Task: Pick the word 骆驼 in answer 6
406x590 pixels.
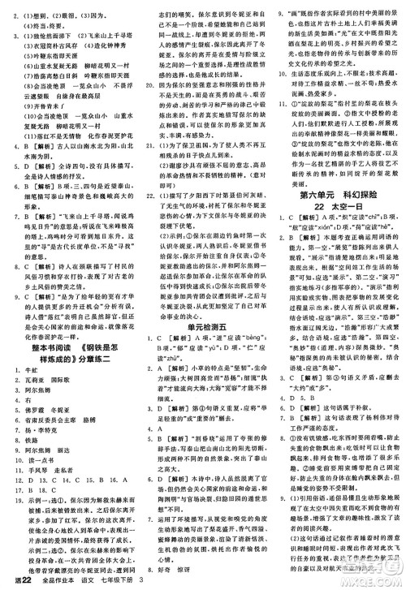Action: (82, 412)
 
